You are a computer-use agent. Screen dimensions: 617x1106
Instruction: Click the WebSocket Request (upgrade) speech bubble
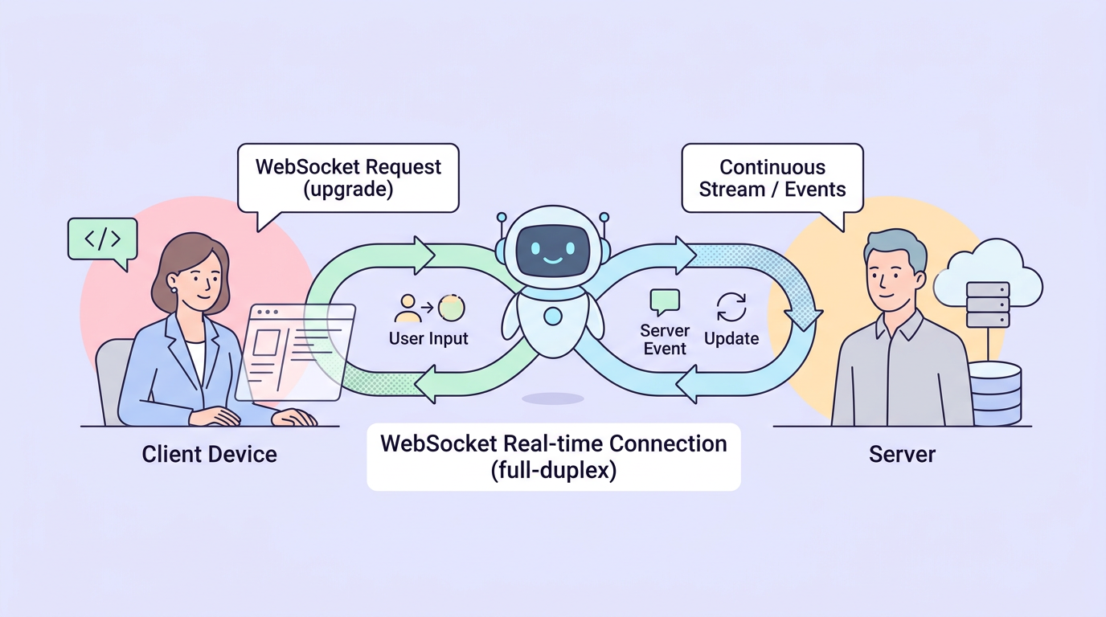point(348,178)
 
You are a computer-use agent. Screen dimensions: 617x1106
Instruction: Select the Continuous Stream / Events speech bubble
point(772,178)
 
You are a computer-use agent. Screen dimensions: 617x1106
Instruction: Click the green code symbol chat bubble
point(103,239)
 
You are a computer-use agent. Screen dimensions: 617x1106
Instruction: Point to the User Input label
point(428,338)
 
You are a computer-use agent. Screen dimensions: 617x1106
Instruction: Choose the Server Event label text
point(665,339)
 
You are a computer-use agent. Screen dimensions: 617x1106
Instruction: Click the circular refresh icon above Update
point(731,307)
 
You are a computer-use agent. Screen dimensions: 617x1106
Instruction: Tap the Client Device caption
point(209,454)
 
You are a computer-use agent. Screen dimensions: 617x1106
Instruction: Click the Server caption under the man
point(902,454)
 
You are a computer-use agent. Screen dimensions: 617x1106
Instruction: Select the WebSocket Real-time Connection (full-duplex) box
point(553,456)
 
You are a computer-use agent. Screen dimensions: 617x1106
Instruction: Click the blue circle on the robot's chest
point(553,317)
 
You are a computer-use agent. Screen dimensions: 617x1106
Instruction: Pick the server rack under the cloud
point(988,304)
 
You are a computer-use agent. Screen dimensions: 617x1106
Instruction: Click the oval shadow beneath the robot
point(552,398)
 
